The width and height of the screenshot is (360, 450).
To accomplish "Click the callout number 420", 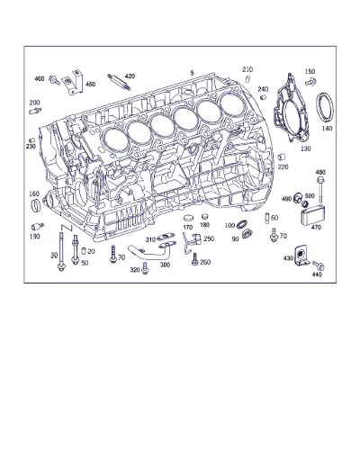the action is tap(130, 76).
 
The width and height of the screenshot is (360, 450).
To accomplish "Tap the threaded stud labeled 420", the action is tap(119, 82).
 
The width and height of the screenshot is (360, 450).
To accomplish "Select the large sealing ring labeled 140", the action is tap(325, 108).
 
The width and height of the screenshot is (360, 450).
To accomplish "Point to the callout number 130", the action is tap(306, 148).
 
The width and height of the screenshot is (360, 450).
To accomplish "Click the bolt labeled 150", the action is tap(310, 81).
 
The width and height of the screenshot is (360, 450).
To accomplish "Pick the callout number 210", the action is tap(247, 69).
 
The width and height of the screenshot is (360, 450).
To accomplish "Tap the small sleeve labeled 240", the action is tap(263, 97).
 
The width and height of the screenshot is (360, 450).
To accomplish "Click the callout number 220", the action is tap(283, 166).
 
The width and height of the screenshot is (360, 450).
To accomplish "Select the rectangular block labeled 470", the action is tap(313, 216).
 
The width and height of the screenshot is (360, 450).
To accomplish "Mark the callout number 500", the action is tap(310, 196).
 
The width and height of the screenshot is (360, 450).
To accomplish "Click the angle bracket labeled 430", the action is tap(301, 256).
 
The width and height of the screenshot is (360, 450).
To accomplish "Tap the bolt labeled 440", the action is tap(319, 265).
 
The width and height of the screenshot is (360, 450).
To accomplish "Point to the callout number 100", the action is tap(229, 225).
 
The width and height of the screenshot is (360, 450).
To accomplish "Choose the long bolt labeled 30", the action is tap(61, 252).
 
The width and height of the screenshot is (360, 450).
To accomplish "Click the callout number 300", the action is tap(165, 265).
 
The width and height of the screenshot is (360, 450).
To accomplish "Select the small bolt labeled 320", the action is tap(146, 269).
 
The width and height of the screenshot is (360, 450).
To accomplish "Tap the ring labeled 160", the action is tap(36, 205).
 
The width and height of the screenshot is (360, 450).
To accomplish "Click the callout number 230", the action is tap(31, 147).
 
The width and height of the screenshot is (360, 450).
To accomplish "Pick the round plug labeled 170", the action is tap(188, 218).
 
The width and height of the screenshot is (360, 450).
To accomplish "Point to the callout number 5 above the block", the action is tap(192, 73).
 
